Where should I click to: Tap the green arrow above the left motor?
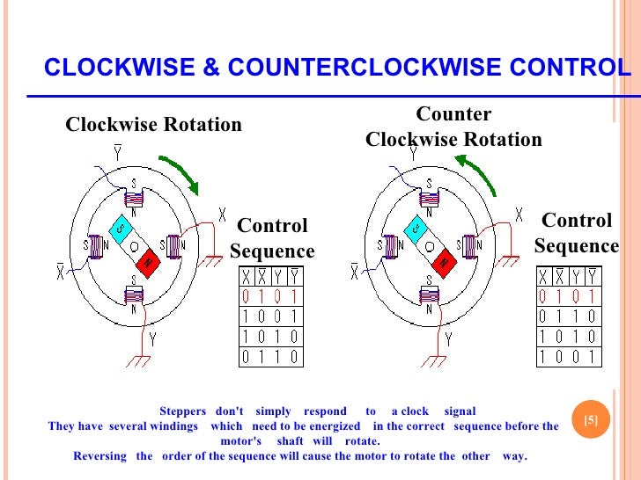(x=180, y=174)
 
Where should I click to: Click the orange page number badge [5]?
(x=591, y=419)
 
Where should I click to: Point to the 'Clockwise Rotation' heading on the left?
(x=153, y=125)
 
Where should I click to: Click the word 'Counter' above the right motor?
(x=453, y=114)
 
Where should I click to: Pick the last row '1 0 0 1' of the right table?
(x=568, y=357)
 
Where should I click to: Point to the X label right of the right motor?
(x=519, y=214)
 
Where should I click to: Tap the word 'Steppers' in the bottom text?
(x=182, y=411)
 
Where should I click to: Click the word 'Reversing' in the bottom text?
(x=100, y=456)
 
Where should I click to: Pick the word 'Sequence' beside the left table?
(x=272, y=252)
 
